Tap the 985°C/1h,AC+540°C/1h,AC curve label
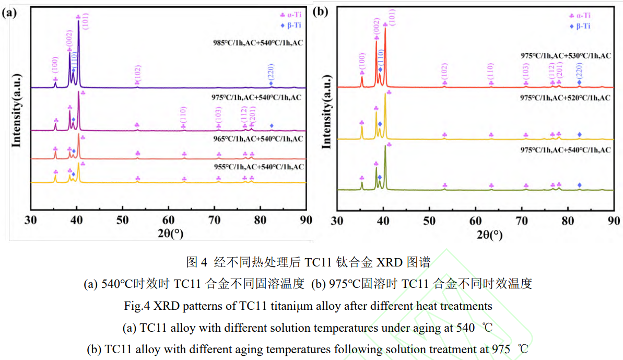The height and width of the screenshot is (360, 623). tap(254, 43)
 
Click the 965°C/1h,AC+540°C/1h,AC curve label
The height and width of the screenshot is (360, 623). tap(254, 138)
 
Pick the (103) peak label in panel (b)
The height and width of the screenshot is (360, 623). tap(525, 72)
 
